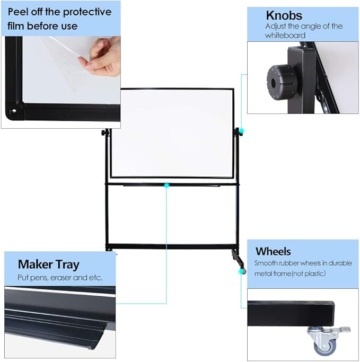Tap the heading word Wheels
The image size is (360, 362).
click(x=273, y=251)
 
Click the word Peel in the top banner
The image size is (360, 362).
click(x=19, y=12)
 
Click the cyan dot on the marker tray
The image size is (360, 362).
click(x=167, y=185)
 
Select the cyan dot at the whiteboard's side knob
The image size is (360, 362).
click(x=241, y=130)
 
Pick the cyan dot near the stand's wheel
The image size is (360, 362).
click(x=243, y=271)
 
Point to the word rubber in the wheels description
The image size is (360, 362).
click(x=289, y=263)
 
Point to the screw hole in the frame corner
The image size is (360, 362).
click(x=14, y=112)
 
